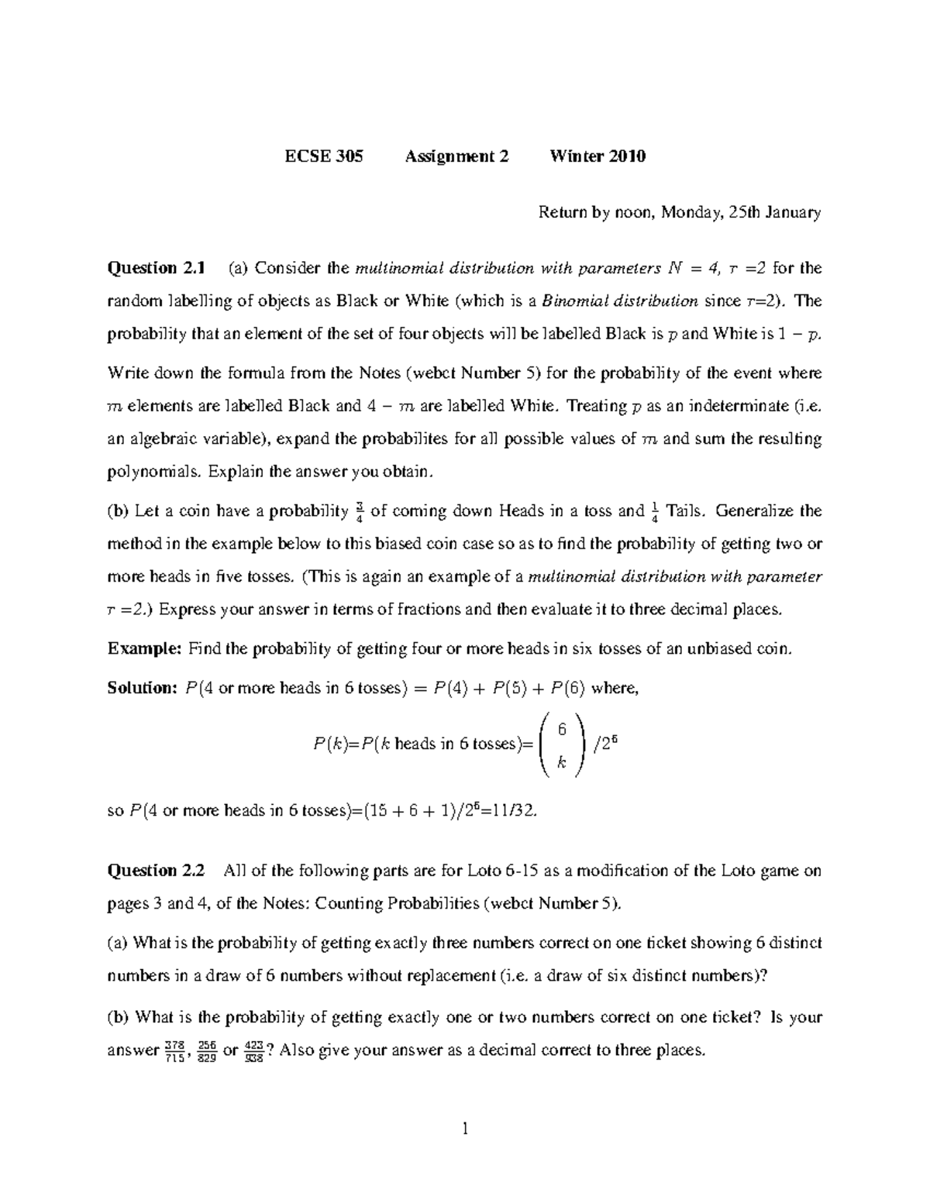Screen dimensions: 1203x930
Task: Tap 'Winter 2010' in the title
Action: pos(597,156)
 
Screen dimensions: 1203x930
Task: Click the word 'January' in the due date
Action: pos(794,212)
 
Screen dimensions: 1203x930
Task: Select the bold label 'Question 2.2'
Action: pos(156,870)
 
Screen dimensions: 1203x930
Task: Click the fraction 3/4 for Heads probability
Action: pos(359,513)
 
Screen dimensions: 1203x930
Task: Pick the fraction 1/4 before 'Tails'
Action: pos(654,513)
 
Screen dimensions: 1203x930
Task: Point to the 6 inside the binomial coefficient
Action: pos(562,729)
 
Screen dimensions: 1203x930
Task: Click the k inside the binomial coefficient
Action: pos(562,762)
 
